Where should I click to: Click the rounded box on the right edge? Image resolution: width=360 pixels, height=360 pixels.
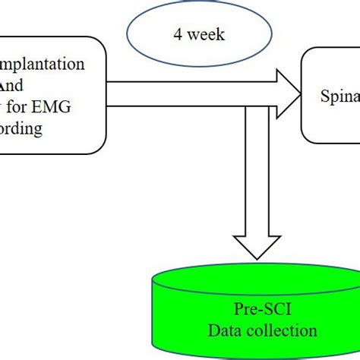[x=333, y=94]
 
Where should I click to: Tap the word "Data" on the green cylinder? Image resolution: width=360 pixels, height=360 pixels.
[x=226, y=331]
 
